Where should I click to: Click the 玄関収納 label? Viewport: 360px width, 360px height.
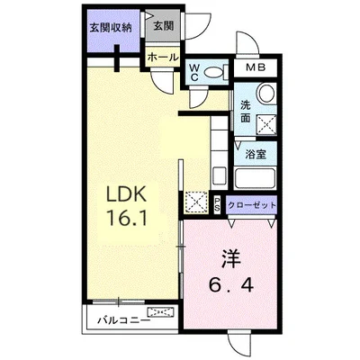111,26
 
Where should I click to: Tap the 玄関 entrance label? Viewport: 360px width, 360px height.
163,26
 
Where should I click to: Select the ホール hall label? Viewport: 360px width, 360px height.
162,56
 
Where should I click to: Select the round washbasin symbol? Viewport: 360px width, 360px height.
265,94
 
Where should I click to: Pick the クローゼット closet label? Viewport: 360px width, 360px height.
253,204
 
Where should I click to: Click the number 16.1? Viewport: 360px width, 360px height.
127,217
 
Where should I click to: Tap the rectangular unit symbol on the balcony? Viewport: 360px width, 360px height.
164,313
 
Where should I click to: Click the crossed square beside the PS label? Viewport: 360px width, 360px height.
197,202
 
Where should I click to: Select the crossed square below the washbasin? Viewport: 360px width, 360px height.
266,123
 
